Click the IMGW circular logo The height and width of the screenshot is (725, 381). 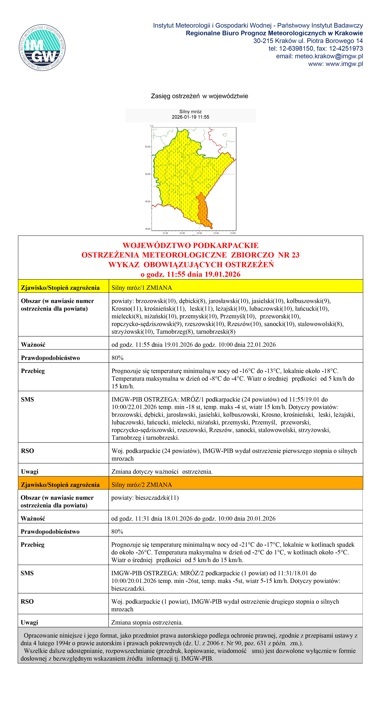point(42,47)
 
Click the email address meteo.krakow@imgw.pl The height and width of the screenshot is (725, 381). point(329,56)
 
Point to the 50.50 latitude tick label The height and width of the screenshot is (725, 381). point(147,147)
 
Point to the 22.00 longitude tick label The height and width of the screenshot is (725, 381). point(182,233)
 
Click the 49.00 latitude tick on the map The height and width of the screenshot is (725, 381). point(147,229)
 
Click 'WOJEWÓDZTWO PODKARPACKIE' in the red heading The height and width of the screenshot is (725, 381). point(191,245)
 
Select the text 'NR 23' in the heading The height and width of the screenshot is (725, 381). point(289,255)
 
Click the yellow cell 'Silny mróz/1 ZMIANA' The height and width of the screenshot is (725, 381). point(142,288)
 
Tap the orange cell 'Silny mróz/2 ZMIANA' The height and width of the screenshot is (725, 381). point(142,485)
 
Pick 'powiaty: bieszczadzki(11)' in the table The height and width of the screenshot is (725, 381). point(145,498)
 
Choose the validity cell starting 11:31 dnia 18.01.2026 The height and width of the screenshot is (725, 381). point(193,518)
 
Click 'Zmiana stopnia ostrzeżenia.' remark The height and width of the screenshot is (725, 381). point(147,622)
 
